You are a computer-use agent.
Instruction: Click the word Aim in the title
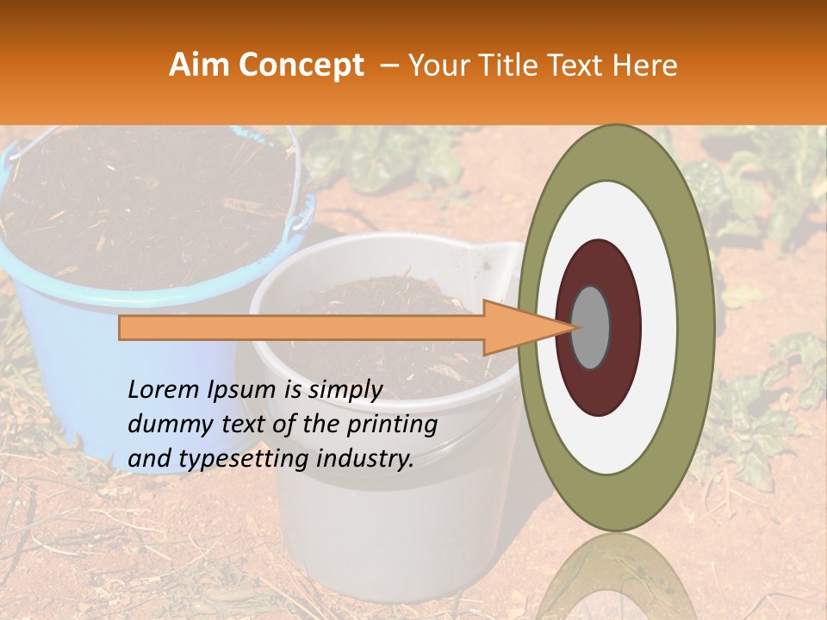199,65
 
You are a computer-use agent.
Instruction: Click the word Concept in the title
301,66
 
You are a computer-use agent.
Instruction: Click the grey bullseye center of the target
591,327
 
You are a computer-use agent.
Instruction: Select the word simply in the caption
345,390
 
